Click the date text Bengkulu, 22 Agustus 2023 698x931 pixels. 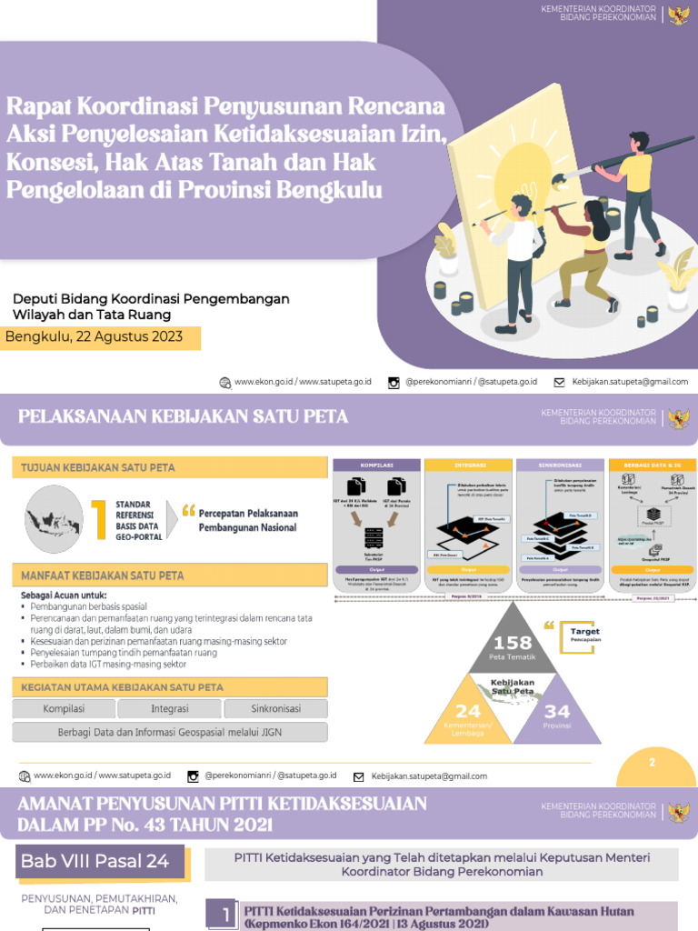click(95, 337)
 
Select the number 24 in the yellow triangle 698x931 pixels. click(468, 711)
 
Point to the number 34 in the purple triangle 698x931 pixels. click(557, 711)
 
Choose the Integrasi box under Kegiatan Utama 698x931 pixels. click(170, 709)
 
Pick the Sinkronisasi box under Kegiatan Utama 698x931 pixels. click(275, 709)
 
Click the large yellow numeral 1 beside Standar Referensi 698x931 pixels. click(99, 520)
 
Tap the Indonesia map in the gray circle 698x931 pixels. click(54, 520)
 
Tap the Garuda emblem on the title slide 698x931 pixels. click(678, 14)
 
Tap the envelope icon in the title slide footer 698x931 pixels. click(559, 383)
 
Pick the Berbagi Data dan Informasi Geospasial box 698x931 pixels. click(170, 733)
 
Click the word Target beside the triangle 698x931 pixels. click(584, 631)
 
